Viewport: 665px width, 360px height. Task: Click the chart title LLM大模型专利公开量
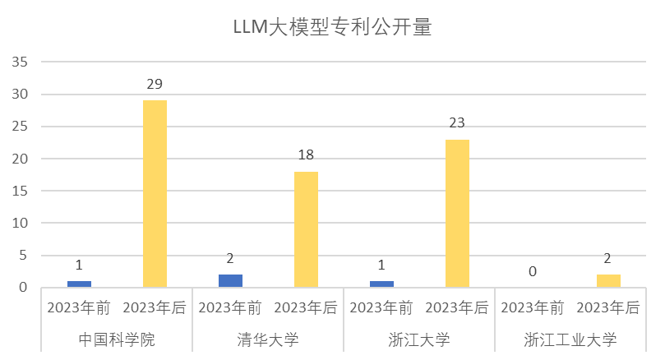(332, 27)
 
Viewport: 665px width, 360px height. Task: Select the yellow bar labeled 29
(155, 193)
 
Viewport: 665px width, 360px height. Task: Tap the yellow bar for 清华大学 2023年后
(306, 229)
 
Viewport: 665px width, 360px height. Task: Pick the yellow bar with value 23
(457, 213)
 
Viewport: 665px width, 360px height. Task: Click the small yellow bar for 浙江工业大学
(608, 280)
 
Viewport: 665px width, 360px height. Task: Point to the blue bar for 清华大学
(230, 280)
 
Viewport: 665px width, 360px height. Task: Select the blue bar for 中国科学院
(79, 284)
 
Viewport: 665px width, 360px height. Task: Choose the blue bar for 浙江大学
(381, 284)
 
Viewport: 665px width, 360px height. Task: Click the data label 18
(306, 155)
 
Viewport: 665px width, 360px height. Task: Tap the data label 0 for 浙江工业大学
(533, 271)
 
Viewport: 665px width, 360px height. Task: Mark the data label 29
(155, 84)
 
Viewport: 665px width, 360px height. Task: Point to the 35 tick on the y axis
(21, 62)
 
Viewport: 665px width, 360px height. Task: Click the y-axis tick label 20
(21, 159)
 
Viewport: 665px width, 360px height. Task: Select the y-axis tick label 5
(25, 256)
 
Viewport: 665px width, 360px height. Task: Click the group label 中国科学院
(117, 339)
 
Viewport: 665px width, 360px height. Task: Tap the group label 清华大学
(268, 339)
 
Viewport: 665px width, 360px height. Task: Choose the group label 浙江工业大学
(570, 339)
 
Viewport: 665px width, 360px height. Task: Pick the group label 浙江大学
(419, 339)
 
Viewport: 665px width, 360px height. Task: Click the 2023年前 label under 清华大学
(230, 308)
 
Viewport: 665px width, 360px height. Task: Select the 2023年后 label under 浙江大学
(457, 308)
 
